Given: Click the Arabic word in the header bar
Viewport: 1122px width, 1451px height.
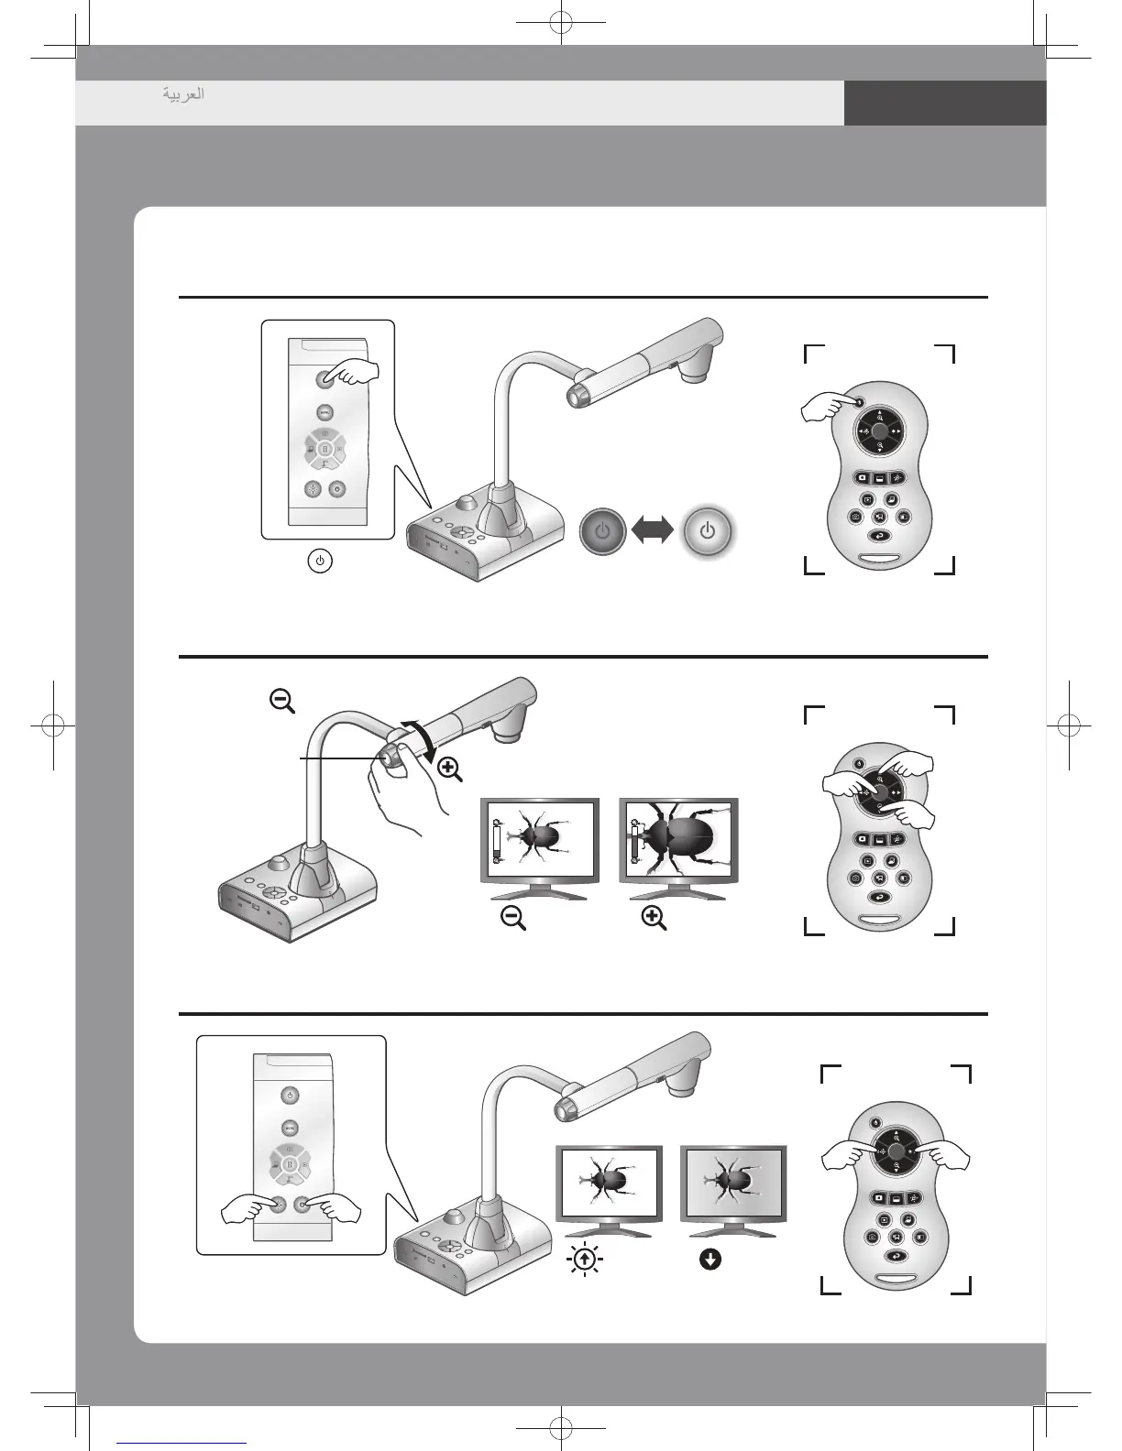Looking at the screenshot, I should (183, 94).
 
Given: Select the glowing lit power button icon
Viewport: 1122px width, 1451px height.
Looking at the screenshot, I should (708, 530).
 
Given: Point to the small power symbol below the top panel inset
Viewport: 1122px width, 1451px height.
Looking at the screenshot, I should (319, 561).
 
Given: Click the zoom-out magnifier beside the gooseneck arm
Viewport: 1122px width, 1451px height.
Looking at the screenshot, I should (281, 702).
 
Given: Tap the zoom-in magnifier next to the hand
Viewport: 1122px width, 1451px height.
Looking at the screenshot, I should (450, 769).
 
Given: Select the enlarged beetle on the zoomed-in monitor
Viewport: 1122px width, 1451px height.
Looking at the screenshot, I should (682, 835).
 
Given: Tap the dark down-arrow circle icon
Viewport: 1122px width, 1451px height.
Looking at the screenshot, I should (709, 1260).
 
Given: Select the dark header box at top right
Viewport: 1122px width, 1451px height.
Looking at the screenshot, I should (944, 103).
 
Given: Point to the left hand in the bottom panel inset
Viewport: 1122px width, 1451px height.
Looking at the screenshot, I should (247, 1211).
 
